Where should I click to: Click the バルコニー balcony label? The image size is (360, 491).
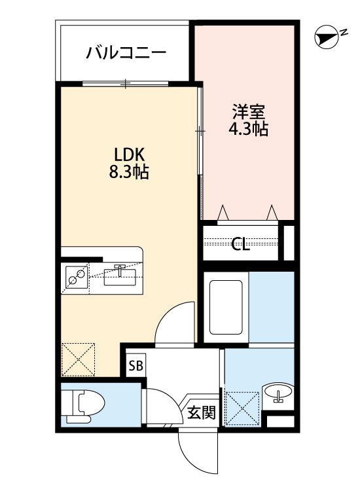(x=126, y=52)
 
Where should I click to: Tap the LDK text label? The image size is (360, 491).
(x=128, y=156)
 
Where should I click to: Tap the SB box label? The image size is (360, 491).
(x=136, y=365)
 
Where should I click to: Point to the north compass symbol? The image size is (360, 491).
(x=325, y=39)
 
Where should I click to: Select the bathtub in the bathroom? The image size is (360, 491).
(x=226, y=306)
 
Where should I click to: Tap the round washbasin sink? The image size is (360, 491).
(x=279, y=394)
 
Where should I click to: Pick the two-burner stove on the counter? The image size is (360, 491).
(x=77, y=278)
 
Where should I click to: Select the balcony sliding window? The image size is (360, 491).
(x=126, y=83)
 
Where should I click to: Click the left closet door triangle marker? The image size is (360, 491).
(x=223, y=211)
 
